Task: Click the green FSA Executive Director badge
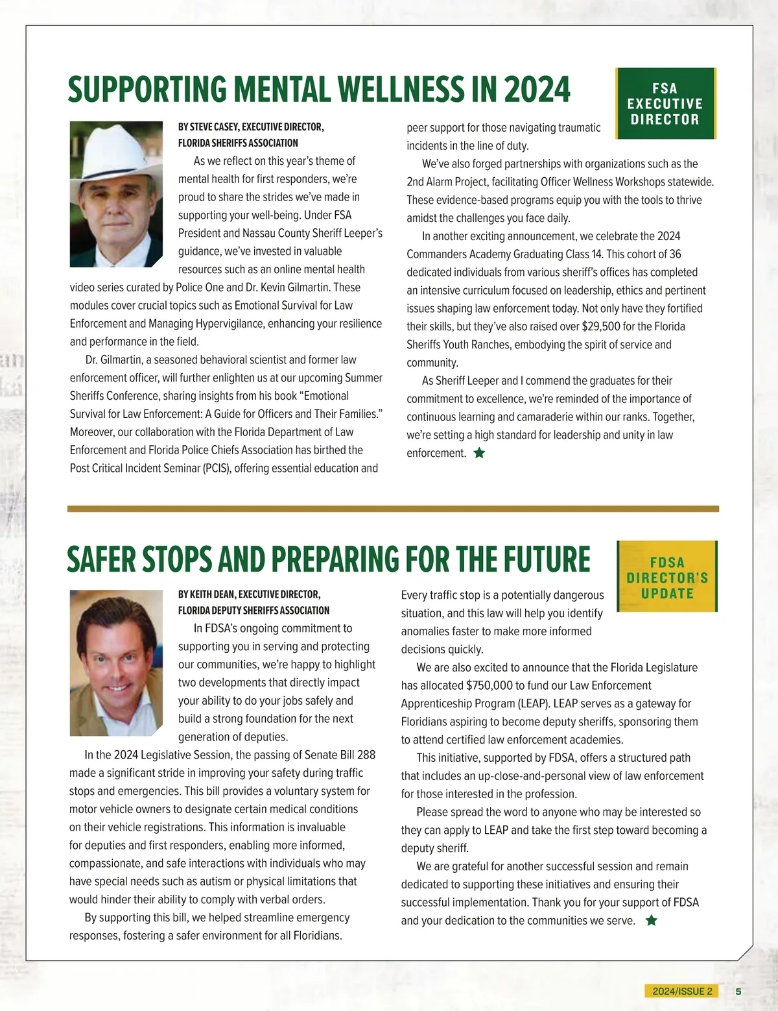pos(665,104)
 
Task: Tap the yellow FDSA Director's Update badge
pos(667,577)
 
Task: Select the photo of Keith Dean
pos(116,663)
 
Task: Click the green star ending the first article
pos(479,453)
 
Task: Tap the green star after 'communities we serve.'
pos(652,920)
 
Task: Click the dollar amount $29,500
pos(601,326)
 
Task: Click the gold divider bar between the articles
pos(393,509)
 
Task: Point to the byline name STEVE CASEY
pos(214,127)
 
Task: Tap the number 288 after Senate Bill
pos(366,755)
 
